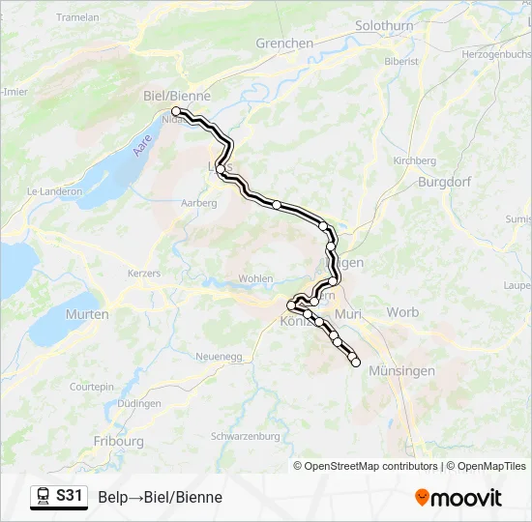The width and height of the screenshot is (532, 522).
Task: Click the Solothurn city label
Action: point(385,26)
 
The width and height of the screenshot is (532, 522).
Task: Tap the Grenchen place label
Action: point(284,43)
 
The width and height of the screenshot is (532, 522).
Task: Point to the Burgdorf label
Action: point(443,182)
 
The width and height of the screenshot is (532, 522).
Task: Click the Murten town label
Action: point(87,314)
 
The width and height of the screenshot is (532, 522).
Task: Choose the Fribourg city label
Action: point(119,442)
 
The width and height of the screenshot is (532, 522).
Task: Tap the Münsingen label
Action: point(402,371)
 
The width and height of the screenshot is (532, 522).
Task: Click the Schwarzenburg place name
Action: point(246,436)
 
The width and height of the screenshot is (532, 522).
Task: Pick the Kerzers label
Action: point(143,274)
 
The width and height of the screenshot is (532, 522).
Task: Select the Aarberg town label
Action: point(199,203)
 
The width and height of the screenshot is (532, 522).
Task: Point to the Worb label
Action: point(402,312)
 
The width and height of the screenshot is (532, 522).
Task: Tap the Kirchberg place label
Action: point(416,160)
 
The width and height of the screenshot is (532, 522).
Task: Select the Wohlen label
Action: point(255,278)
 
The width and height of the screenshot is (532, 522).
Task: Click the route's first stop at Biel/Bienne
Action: point(176,112)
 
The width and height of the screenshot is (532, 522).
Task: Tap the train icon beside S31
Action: point(44,497)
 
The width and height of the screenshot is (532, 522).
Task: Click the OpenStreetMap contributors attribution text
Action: point(366,466)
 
